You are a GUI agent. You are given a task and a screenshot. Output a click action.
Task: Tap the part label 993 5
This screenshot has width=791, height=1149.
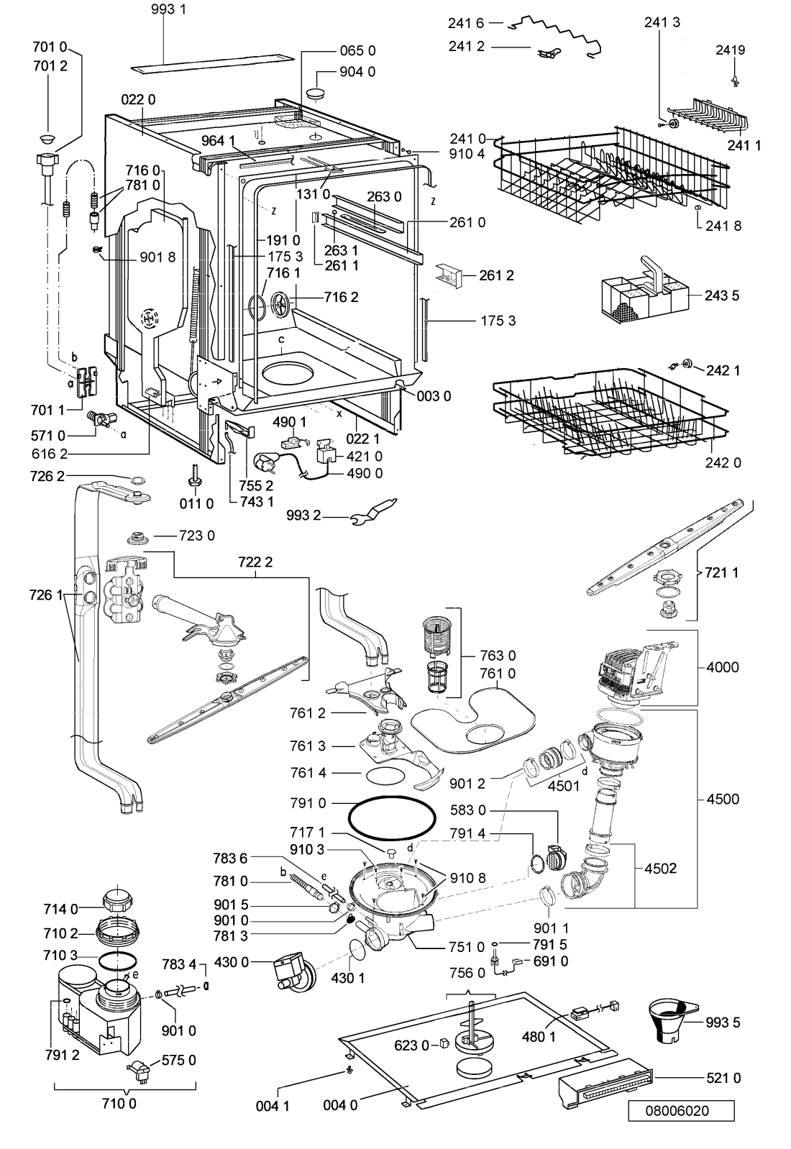(x=723, y=1022)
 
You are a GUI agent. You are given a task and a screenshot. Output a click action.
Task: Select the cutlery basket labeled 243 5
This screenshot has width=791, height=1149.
(x=644, y=289)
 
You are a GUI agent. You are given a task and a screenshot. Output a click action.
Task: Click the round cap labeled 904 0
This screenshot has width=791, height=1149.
(x=314, y=94)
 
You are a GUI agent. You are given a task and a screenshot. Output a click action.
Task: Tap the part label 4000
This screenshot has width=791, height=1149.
(x=722, y=667)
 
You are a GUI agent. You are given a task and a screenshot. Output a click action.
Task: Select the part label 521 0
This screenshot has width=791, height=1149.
(x=723, y=1078)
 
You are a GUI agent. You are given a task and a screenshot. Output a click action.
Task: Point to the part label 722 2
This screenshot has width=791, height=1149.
(x=255, y=562)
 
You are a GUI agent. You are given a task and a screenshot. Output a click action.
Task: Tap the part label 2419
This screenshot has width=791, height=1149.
(x=731, y=50)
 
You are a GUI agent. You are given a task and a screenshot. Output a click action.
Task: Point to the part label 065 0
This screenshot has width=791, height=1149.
(x=357, y=50)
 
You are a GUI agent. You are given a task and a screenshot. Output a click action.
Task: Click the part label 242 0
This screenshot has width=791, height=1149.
(x=723, y=462)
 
